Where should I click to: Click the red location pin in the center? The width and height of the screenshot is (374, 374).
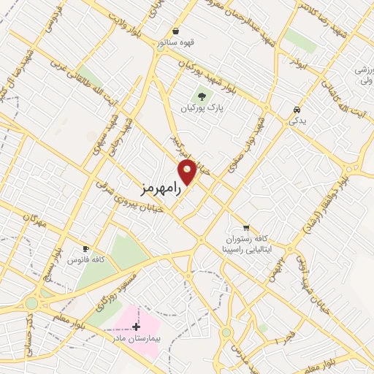click(188, 172)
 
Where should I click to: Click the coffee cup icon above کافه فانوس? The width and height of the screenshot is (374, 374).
click(86, 248)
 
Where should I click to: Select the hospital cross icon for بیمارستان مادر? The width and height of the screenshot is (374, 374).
click(136, 326)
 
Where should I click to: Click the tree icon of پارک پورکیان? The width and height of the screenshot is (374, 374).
click(200, 96)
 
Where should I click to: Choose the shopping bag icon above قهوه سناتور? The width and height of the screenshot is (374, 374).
click(176, 31)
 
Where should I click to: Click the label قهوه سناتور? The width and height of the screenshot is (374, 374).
click(175, 42)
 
